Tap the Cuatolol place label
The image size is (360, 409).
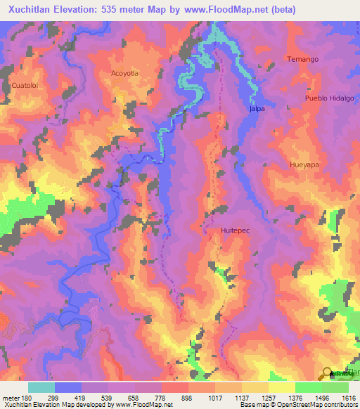coord(25,86)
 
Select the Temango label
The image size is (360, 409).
coord(303,60)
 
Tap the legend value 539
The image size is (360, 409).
coord(121,396)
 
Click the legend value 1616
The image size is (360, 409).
coord(347,396)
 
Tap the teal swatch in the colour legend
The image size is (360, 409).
coord(41,387)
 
